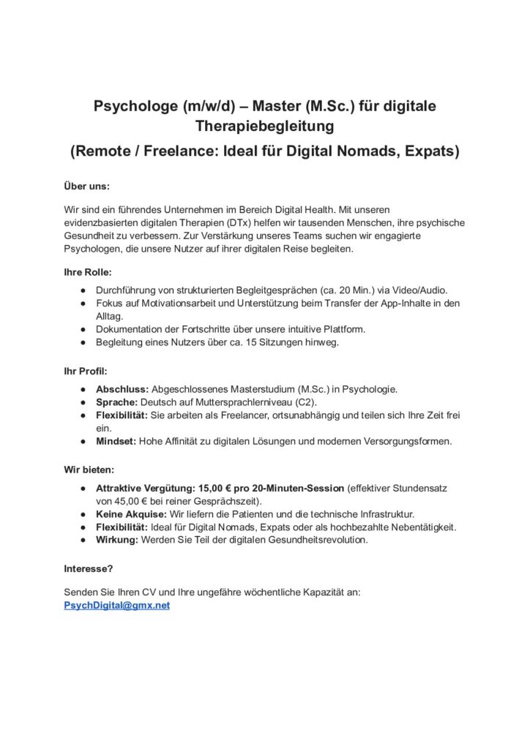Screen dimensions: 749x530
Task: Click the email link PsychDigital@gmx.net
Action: pyautogui.click(x=117, y=606)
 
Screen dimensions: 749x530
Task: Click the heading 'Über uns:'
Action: pyautogui.click(x=86, y=187)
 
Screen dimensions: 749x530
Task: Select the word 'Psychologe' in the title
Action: pyautogui.click(x=132, y=106)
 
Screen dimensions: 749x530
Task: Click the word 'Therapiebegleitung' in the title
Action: pyautogui.click(x=264, y=127)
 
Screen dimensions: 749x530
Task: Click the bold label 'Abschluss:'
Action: pyautogui.click(x=122, y=388)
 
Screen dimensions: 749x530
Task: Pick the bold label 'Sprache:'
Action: pyautogui.click(x=119, y=402)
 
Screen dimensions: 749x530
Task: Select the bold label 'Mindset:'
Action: pyautogui.click(x=118, y=441)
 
